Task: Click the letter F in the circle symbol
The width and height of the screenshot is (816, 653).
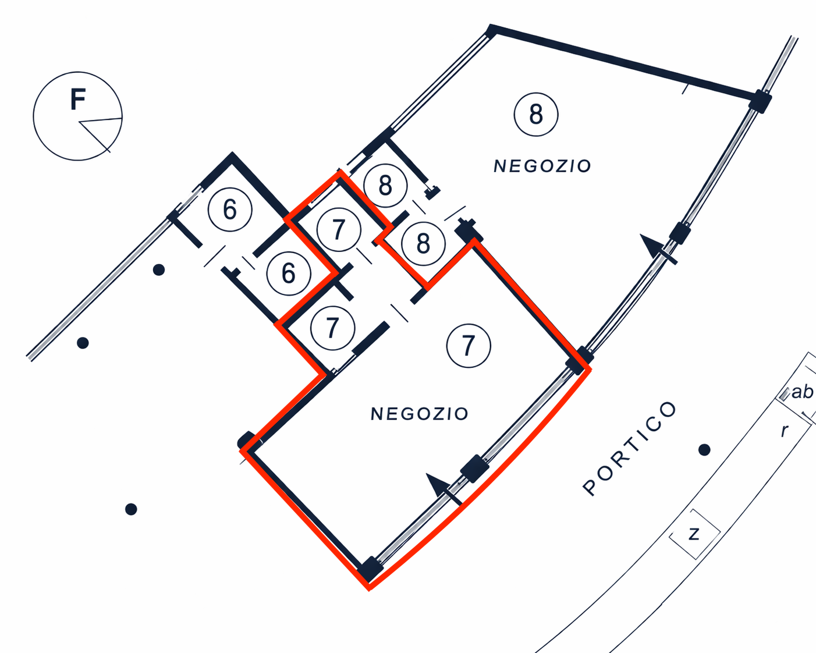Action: click(78, 99)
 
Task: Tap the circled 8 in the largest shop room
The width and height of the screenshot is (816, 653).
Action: click(536, 114)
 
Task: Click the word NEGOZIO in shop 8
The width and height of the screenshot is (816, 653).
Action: click(542, 166)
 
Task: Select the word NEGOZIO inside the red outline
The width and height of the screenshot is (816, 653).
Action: click(420, 414)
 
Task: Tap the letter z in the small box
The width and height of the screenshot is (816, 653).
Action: click(694, 534)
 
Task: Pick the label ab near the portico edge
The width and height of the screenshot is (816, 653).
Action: click(802, 392)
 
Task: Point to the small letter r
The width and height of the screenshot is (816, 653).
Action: click(785, 431)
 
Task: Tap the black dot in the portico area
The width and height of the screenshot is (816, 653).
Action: click(704, 450)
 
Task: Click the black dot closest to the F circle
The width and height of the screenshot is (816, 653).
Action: click(158, 270)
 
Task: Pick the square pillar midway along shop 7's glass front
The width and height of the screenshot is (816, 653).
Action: click(474, 469)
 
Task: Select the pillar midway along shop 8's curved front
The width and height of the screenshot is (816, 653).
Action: click(679, 233)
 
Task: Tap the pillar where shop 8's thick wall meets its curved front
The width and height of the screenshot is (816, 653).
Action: click(760, 101)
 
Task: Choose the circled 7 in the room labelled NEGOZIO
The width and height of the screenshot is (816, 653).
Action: click(469, 346)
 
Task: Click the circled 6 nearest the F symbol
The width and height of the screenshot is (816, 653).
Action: click(230, 210)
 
